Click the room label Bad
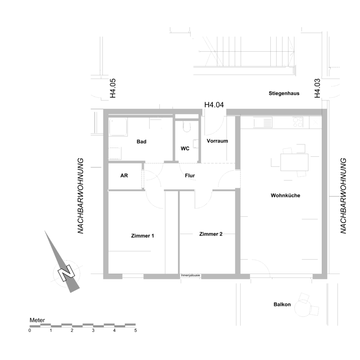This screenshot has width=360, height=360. pos(142,142)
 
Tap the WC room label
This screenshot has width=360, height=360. pos(185,148)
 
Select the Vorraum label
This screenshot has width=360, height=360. pos(218,141)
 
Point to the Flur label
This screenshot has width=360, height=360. pos(190,176)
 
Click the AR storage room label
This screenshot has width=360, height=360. pos(124,176)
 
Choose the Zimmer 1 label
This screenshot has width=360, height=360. pos(142,236)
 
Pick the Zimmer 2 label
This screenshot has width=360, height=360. pos(211,234)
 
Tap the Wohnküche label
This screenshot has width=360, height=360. pos(285,196)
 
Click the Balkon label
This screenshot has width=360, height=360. pos(282,304)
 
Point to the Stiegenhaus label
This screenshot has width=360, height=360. pos(284,94)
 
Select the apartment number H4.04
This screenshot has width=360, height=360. pos(214,105)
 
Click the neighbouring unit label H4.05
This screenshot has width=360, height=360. pos(113,88)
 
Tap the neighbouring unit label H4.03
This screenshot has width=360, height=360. pos(317,88)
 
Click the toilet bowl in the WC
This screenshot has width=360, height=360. pos(187,127)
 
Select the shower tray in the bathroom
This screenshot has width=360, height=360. pos(118,127)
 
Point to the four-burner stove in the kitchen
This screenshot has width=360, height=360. pos(298,122)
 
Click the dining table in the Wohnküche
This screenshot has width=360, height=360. pos(294,162)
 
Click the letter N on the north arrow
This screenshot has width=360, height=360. pos(66,273)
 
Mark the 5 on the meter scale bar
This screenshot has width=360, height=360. pos(136,331)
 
